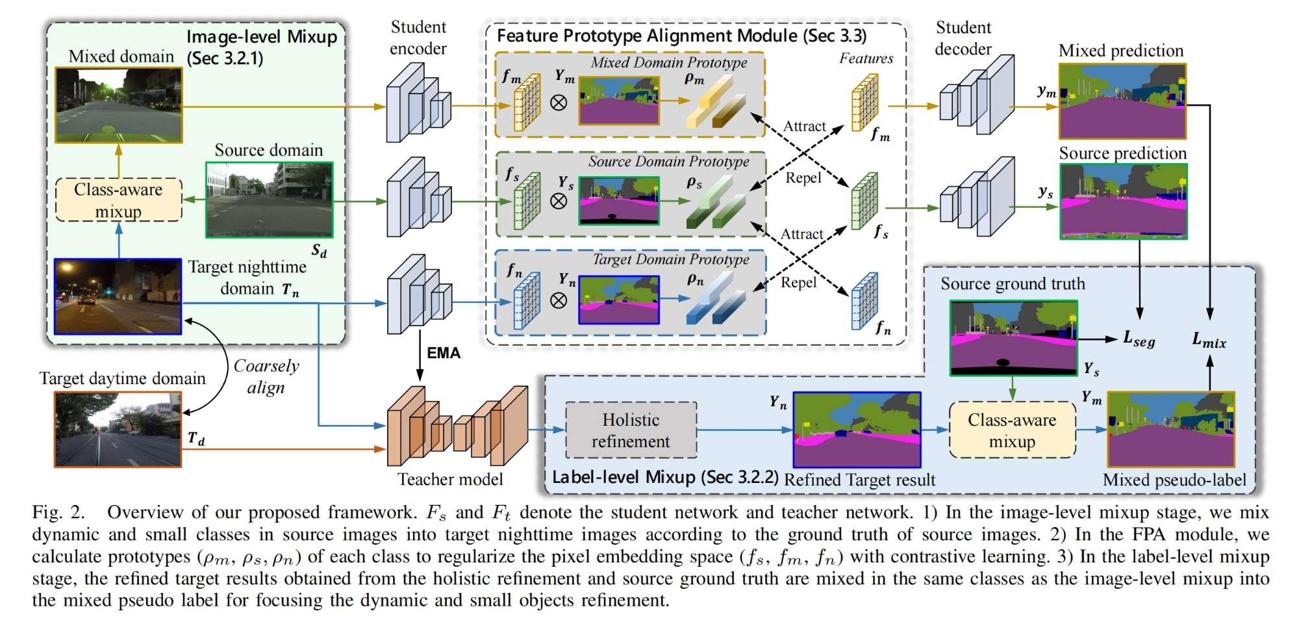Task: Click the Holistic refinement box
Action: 631,430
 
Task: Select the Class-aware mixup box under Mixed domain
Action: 119,200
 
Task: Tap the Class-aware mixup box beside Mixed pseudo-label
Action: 1012,430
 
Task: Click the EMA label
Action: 444,353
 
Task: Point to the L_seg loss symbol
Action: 1139,339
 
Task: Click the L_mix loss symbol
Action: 1209,339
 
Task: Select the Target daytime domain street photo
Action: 118,429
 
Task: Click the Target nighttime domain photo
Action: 118,296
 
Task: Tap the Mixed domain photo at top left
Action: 118,105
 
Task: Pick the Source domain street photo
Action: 269,200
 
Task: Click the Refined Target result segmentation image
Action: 857,430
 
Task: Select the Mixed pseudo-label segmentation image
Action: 1170,430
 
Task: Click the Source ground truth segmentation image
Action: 1013,338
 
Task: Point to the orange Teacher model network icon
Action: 457,426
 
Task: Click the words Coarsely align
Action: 266,376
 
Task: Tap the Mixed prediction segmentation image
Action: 1122,101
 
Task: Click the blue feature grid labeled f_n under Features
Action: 864,301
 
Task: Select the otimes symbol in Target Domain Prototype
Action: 559,300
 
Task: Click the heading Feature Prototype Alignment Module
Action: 681,36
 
